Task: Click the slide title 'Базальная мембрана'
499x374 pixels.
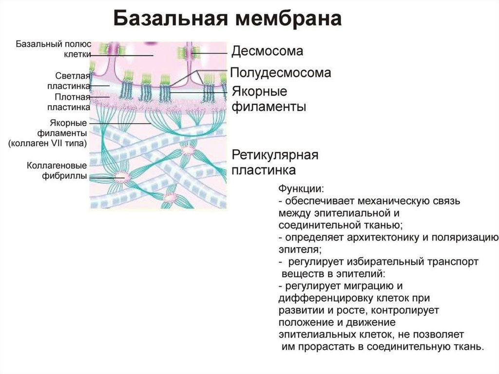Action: (x=227, y=20)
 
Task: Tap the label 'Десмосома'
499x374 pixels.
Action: (x=267, y=51)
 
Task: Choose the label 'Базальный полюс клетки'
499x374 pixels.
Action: (x=54, y=49)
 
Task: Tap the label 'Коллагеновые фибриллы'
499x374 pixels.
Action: (x=57, y=171)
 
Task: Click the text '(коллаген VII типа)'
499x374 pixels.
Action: (x=48, y=143)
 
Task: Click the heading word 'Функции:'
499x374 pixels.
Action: (x=301, y=188)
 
